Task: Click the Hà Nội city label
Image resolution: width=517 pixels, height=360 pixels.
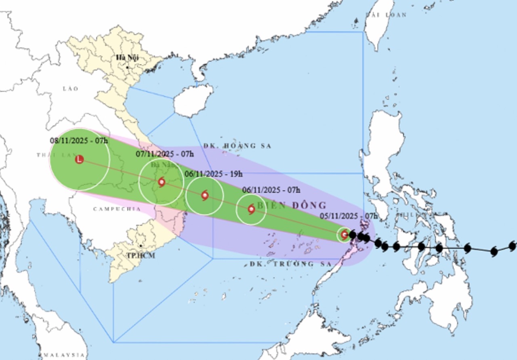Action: point(127,58)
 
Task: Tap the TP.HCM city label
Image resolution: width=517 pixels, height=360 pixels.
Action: point(141,255)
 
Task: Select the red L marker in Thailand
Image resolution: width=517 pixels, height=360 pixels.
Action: point(80,159)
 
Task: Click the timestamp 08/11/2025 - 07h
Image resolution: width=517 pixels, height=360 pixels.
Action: point(79,141)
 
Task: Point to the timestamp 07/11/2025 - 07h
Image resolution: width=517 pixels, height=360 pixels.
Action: point(165,154)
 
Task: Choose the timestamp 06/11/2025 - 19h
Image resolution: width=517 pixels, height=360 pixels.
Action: point(214,174)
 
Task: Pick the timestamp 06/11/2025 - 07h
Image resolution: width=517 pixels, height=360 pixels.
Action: point(271,190)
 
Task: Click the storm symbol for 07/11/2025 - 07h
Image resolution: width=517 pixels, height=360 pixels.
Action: point(162,182)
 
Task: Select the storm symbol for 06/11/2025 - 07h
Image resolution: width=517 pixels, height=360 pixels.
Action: point(251,209)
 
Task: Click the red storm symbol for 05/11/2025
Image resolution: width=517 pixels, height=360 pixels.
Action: point(344,234)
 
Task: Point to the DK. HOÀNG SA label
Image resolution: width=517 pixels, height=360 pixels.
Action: point(237,146)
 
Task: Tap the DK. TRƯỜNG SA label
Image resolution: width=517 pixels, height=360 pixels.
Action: point(288,264)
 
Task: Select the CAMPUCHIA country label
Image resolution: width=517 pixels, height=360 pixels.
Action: point(117,209)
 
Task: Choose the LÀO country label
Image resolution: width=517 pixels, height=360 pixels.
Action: point(70,88)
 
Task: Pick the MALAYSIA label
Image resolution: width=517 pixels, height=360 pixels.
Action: point(61,355)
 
